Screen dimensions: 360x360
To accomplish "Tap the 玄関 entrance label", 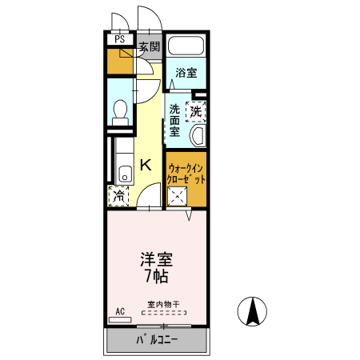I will (x=150, y=46).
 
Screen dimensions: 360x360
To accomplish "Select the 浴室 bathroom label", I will (x=186, y=73).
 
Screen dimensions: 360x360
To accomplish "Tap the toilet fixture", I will (x=119, y=110).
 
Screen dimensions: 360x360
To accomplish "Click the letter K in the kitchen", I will (x=146, y=166).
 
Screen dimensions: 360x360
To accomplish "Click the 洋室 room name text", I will (x=157, y=260).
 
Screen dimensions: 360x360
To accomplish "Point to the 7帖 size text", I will (x=157, y=278).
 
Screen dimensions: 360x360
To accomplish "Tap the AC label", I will (x=120, y=310).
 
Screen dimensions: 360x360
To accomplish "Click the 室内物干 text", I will (x=162, y=304).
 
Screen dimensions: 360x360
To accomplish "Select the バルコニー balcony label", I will (x=157, y=342).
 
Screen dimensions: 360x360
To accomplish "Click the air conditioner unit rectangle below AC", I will (x=120, y=319).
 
